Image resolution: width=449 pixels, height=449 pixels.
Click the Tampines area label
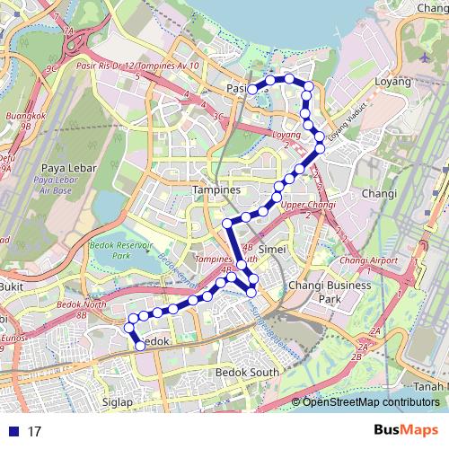pos(216,190)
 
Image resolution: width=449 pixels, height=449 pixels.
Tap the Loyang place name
pos(393,81)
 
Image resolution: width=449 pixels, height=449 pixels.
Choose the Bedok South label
pos(248,372)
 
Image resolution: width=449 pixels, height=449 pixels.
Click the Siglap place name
pos(117,402)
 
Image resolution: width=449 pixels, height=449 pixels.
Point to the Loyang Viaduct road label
pos(348,130)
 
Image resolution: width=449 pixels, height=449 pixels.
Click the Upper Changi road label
pos(303,206)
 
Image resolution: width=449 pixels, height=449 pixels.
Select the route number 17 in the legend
pos(34,431)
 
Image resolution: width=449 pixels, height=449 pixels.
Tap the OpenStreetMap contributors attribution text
pos(370,402)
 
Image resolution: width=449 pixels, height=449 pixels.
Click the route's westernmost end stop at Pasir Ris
pos(253,89)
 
